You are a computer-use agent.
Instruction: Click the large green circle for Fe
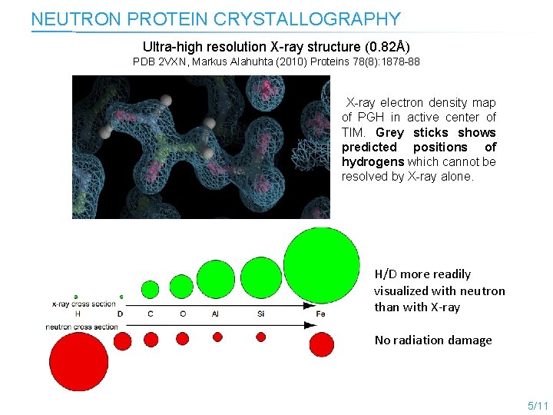tap(321, 265)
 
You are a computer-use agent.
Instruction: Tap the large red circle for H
tap(78, 361)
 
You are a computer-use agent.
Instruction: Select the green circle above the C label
tap(151, 290)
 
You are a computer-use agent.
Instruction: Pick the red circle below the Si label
tap(261, 337)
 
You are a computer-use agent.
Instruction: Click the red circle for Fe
tap(321, 342)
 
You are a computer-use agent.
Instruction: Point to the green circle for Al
tap(216, 279)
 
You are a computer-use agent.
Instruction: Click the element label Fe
tap(321, 314)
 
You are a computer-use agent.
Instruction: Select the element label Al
tap(215, 314)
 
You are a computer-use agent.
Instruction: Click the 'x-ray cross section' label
tap(84, 304)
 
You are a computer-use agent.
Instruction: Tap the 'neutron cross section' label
tap(83, 327)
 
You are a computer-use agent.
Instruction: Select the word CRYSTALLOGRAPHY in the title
tap(331, 19)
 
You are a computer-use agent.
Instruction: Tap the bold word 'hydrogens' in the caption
tap(373, 161)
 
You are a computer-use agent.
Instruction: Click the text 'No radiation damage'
tap(433, 340)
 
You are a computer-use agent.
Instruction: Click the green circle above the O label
tap(182, 287)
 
